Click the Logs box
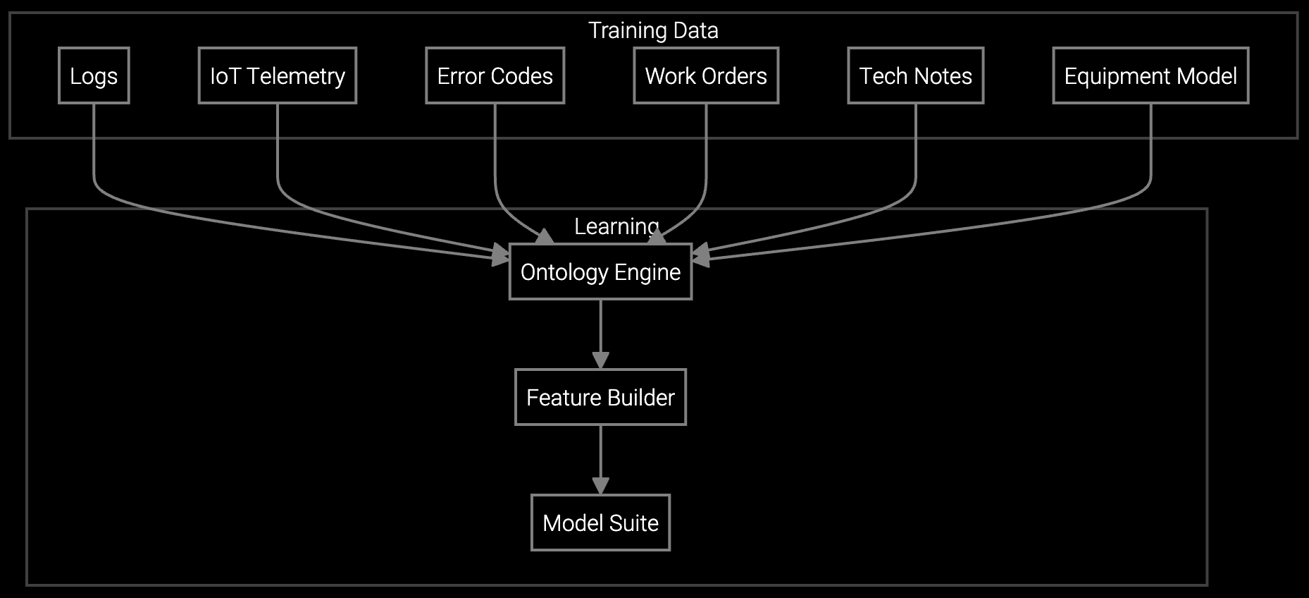coord(94,75)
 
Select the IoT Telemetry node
coord(277,75)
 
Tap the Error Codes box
coord(495,75)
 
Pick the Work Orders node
coord(706,75)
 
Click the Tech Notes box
coord(915,75)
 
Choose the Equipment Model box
coord(1150,75)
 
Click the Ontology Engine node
coord(600,271)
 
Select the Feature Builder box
coord(600,397)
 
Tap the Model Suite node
coord(600,523)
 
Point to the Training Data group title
coord(653,30)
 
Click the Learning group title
coord(616,226)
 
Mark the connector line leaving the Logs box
coord(94,155)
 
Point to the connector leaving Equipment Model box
coord(1150,155)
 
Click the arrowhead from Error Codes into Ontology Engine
coord(545,238)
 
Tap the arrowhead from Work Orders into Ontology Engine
coord(657,238)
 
